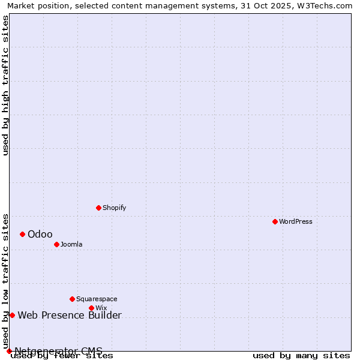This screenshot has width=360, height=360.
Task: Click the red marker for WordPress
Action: coord(275,222)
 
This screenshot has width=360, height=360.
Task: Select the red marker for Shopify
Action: coord(98,208)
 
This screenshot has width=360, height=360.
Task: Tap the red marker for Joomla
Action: coord(56,245)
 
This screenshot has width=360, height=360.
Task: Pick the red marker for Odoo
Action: coord(22,235)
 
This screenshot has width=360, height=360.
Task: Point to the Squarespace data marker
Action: coord(72,299)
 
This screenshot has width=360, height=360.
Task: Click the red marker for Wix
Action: coord(91,308)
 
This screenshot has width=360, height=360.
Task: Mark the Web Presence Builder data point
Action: coord(12,316)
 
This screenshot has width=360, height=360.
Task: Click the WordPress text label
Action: coord(296,222)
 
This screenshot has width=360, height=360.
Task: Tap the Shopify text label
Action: coord(114,208)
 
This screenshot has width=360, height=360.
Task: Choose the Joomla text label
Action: coord(71,245)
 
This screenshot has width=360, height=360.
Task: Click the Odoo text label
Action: coord(40,235)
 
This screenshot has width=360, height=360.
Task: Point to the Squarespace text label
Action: coord(97,299)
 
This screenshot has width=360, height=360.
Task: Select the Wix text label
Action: coord(101,308)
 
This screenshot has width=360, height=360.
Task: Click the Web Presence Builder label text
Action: coord(70,316)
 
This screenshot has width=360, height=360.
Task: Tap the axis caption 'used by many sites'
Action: coord(301,356)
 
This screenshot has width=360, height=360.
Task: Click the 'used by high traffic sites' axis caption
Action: coord(5,85)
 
